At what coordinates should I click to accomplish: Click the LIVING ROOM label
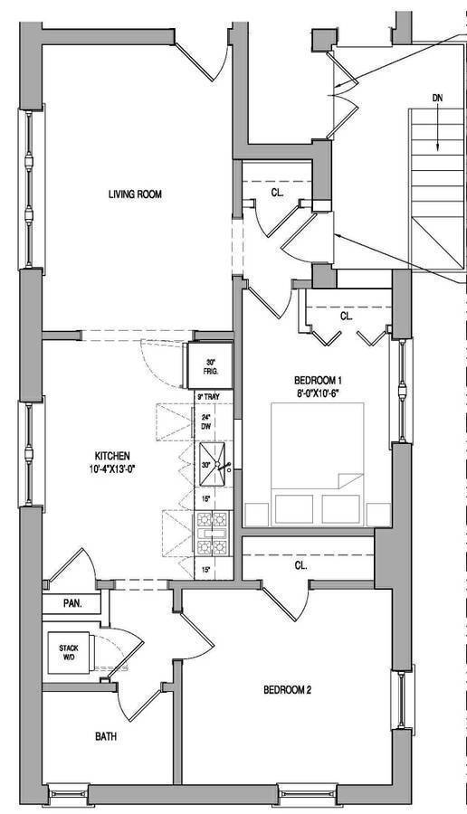click(x=135, y=194)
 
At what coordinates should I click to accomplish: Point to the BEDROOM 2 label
click(x=287, y=689)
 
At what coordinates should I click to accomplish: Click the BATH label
click(x=106, y=736)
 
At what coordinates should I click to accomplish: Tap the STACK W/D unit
click(x=69, y=653)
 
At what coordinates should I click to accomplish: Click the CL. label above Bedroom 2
click(x=300, y=565)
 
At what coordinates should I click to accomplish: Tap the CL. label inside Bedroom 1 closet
click(x=347, y=317)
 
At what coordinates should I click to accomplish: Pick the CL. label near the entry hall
click(x=278, y=193)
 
